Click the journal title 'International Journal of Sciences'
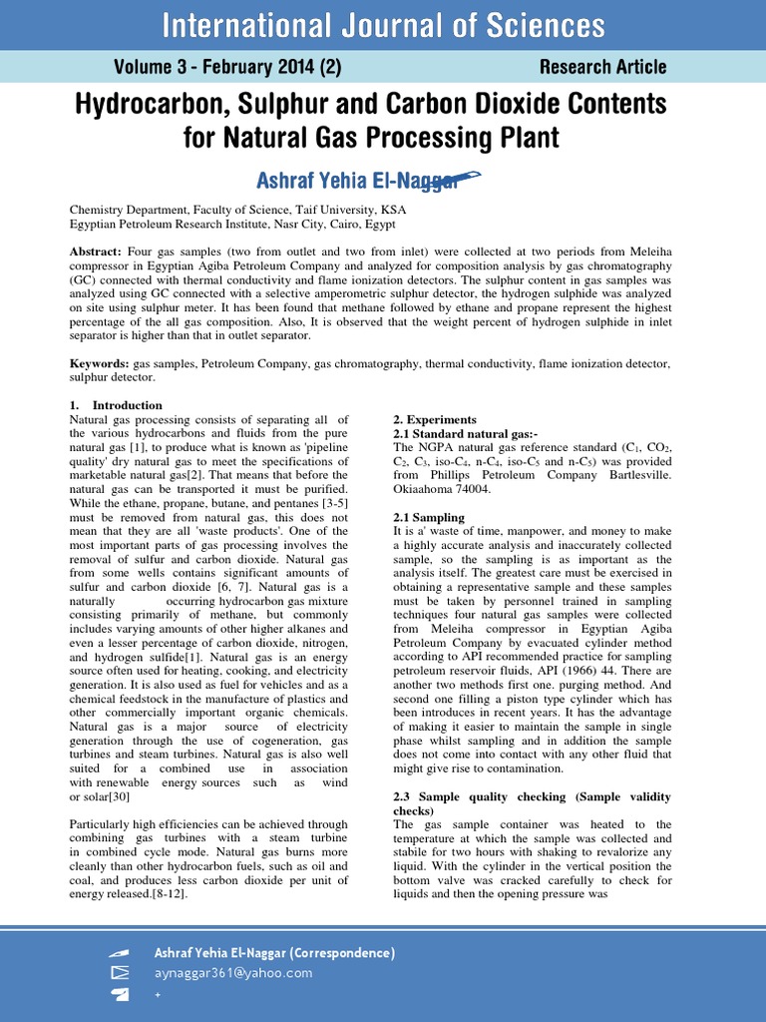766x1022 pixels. [x=383, y=24]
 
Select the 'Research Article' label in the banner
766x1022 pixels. [x=602, y=67]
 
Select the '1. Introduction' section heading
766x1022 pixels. [x=116, y=405]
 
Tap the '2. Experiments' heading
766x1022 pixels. [x=435, y=419]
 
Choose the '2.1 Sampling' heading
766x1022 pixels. [x=429, y=517]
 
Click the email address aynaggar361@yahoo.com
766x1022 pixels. [x=233, y=973]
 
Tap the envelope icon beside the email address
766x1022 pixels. [x=120, y=973]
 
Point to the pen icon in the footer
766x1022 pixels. [x=120, y=953]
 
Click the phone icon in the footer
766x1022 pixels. [x=120, y=994]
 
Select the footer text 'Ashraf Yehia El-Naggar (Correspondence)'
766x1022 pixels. [x=274, y=953]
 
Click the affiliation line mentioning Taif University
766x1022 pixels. [x=237, y=211]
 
